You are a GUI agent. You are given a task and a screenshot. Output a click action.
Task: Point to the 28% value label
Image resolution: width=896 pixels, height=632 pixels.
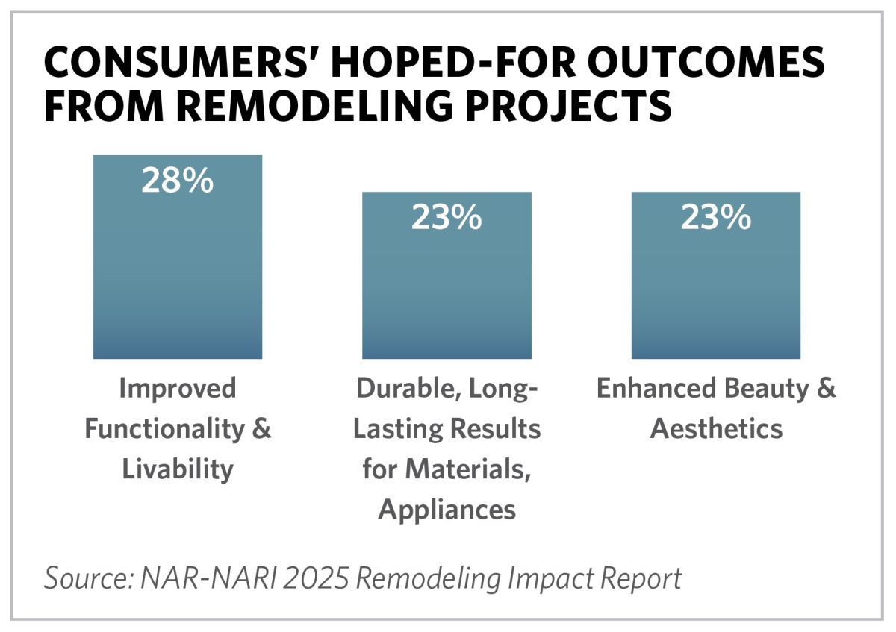point(178,181)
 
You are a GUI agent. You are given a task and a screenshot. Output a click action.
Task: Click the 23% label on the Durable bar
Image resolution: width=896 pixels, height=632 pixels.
point(447,217)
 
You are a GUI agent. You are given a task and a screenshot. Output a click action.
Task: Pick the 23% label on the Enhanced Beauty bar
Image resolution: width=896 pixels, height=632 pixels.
point(715,217)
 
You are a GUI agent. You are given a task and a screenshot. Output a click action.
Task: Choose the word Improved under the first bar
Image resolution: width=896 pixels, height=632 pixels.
point(178,389)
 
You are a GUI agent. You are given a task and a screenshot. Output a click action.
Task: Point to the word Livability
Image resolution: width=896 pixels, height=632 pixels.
point(178,469)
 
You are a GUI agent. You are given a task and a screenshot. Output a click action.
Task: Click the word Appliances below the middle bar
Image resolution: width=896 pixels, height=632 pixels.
point(447,510)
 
